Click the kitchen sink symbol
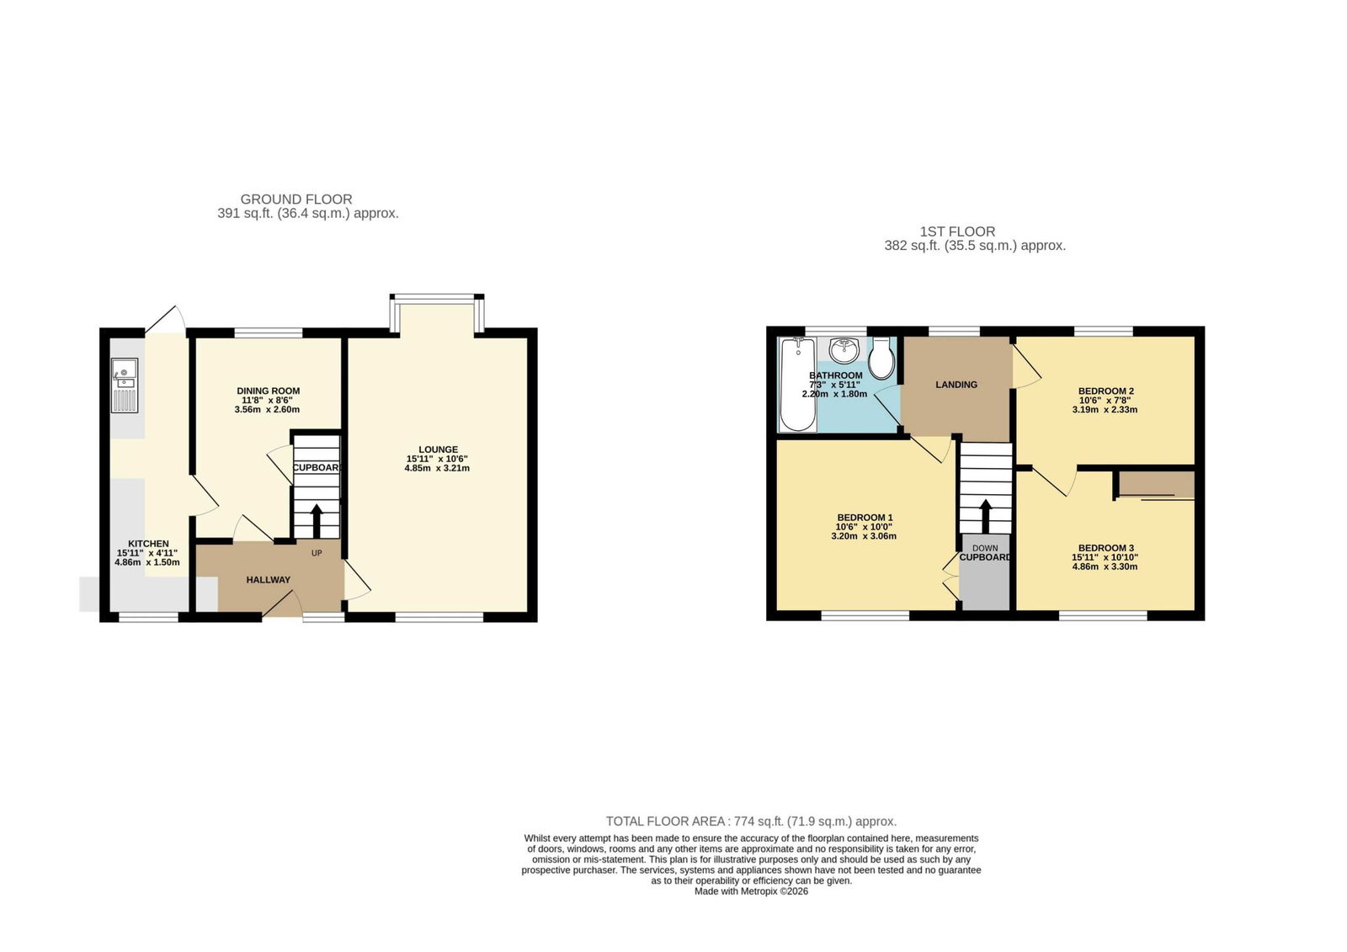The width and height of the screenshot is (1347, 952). [125, 385]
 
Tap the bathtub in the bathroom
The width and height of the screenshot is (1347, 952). [797, 385]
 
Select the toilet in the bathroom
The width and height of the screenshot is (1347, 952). [881, 358]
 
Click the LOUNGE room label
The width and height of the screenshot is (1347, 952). [439, 449]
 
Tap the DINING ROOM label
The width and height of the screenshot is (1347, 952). [269, 391]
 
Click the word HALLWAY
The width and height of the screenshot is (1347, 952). [269, 580]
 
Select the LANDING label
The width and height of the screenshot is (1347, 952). [956, 385]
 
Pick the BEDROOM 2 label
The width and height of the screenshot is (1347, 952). [1106, 391]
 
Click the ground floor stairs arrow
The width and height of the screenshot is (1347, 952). [317, 521]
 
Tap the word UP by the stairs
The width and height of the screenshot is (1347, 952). [317, 553]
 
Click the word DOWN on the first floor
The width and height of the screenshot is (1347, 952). [985, 548]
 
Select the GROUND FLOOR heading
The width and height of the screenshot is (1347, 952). [296, 199]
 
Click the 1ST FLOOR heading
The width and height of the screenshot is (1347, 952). [957, 231]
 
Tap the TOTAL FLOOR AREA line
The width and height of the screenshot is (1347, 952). [751, 821]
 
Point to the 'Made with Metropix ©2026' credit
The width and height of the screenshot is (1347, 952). [751, 891]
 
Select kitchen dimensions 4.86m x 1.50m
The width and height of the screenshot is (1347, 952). [147, 562]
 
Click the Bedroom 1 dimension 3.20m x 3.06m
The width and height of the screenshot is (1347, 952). [864, 536]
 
